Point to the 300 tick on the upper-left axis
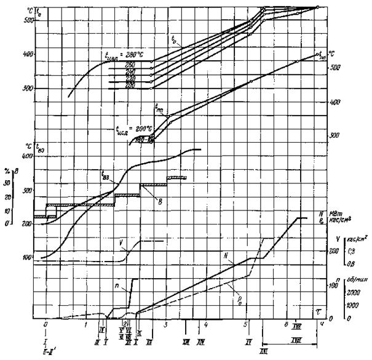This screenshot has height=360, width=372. (26, 88)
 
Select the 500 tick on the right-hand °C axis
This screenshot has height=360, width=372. (334, 67)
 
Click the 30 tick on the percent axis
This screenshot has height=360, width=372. (7, 183)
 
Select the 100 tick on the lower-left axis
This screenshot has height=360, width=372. (26, 257)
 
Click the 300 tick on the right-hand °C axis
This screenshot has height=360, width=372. (334, 134)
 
